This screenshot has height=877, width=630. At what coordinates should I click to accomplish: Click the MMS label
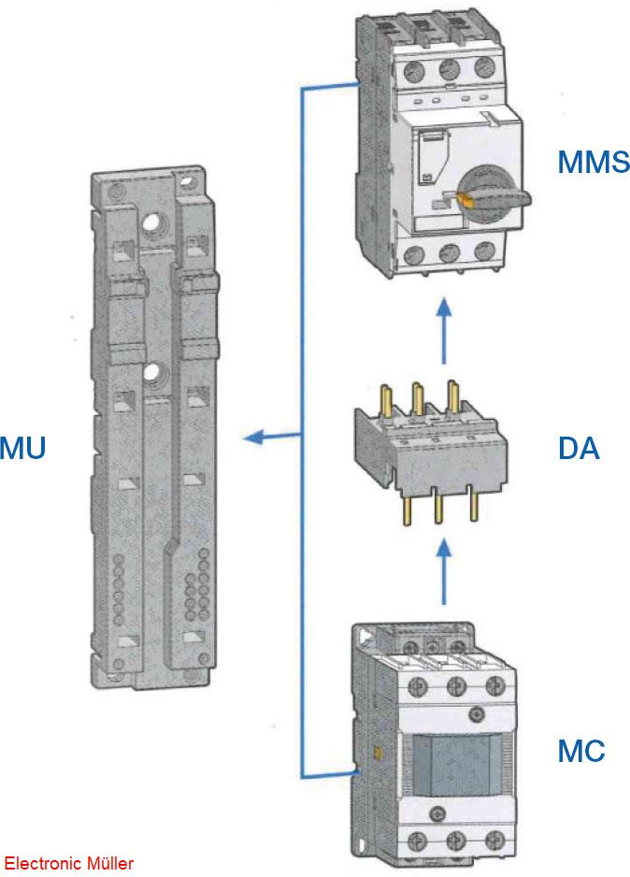(x=593, y=162)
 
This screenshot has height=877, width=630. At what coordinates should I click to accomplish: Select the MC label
(x=580, y=750)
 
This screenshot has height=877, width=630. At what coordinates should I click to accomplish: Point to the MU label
(x=22, y=448)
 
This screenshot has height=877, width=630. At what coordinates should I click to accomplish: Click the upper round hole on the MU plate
(x=151, y=224)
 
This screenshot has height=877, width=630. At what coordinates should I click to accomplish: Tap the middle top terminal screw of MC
(x=455, y=687)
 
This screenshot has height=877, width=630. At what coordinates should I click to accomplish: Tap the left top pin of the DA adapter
(x=383, y=397)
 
